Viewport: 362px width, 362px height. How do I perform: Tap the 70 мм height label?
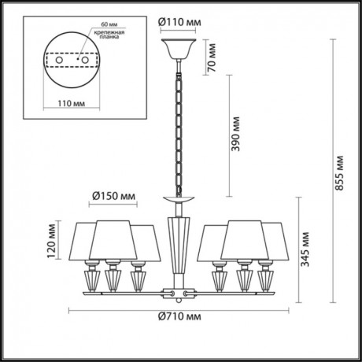point(210,57)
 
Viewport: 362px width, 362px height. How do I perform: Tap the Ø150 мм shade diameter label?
point(110,195)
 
